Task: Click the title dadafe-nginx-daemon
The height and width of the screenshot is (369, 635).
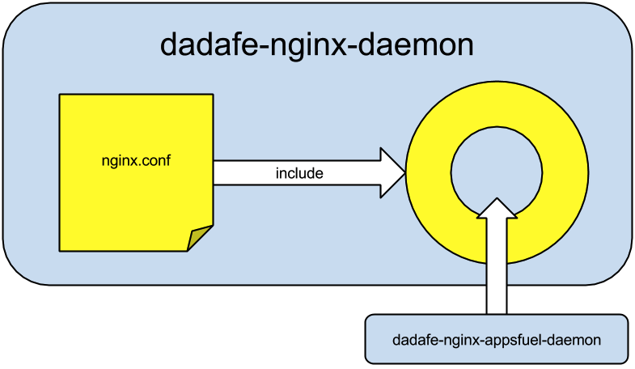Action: tap(316, 45)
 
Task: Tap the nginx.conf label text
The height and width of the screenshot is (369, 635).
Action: tap(135, 161)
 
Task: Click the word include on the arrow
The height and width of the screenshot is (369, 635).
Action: tap(299, 173)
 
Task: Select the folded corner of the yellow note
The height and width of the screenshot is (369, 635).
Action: tap(200, 239)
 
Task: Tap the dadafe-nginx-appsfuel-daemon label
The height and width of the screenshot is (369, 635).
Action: tap(496, 340)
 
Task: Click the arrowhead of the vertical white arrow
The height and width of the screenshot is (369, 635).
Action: tap(497, 208)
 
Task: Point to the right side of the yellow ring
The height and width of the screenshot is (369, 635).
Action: tap(564, 171)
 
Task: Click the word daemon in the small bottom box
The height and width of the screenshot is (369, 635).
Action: tap(576, 340)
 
